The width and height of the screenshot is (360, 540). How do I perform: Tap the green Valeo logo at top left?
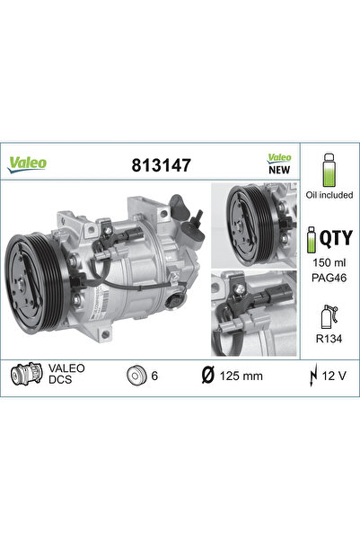pyautogui.click(x=28, y=163)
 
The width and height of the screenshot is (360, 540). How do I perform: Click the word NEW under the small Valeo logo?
pyautogui.click(x=279, y=168)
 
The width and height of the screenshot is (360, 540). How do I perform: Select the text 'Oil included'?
pyautogui.click(x=329, y=195)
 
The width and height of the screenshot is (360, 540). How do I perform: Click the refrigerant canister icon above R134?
pyautogui.click(x=329, y=317)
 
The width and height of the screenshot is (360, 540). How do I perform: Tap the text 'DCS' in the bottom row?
pyautogui.click(x=60, y=381)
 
